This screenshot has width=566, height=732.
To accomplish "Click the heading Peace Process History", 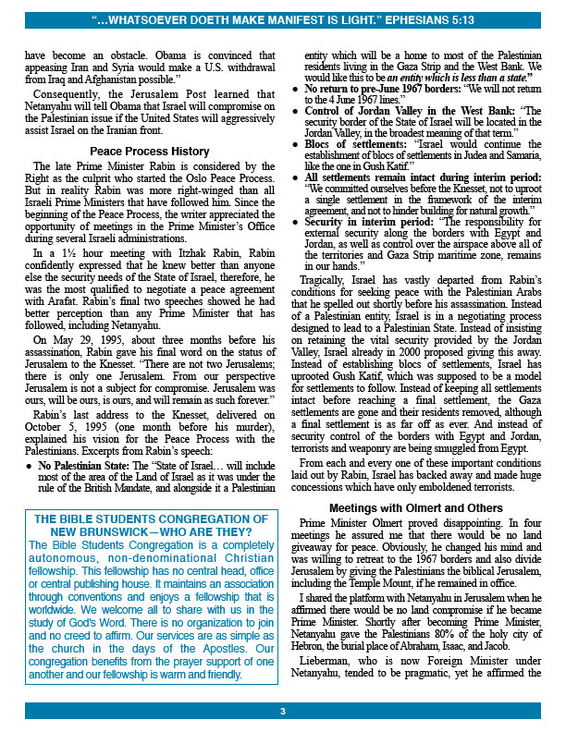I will (150, 151).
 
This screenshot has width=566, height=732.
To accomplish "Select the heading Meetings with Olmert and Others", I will (415, 508).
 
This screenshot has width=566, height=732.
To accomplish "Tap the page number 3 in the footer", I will (283, 711).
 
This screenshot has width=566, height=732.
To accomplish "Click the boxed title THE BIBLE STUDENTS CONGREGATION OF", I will (150, 519).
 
